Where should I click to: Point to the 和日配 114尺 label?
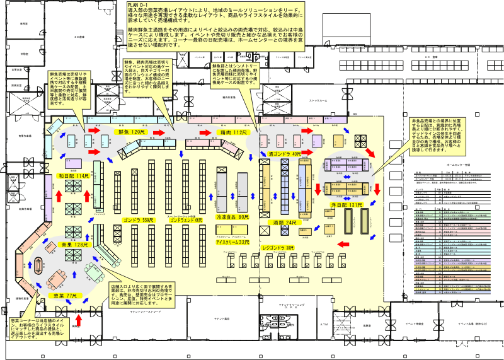pyautogui.click(x=74, y=176)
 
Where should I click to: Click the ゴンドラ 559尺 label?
pyautogui.click(x=138, y=221)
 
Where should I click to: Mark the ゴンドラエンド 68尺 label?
pyautogui.click(x=185, y=221)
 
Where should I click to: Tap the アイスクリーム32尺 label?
pyautogui.click(x=233, y=242)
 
